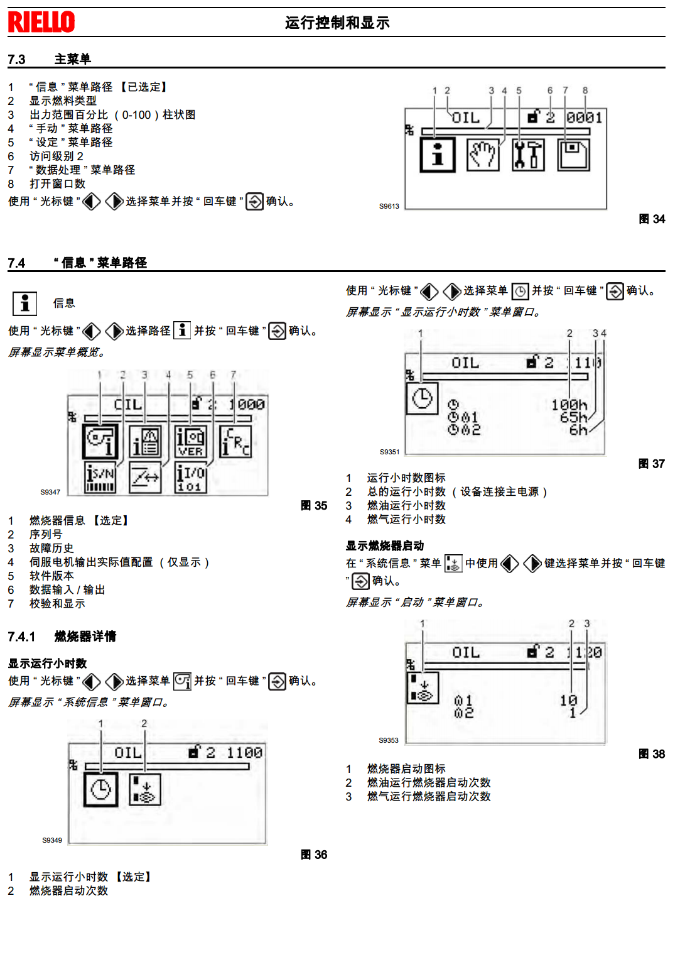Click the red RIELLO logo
coord(41,22)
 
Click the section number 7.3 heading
coord(16,60)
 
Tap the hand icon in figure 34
coord(483,155)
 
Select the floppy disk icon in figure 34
coord(573,155)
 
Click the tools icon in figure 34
coord(528,155)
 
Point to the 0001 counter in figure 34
coord(584,118)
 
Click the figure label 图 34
coord(652,219)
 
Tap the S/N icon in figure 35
coord(100,478)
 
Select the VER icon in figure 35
coord(190,442)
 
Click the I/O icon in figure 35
coord(190,478)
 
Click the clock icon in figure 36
coord(100,789)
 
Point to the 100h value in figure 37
coord(569,405)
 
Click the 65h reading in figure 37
coord(573,417)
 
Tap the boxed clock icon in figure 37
coord(422,398)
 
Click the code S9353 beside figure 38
coord(389,740)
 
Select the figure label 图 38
coord(652,754)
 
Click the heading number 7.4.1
coord(21,637)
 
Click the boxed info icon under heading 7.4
coord(25,304)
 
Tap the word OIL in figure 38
coord(466,653)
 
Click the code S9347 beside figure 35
coord(50,492)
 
